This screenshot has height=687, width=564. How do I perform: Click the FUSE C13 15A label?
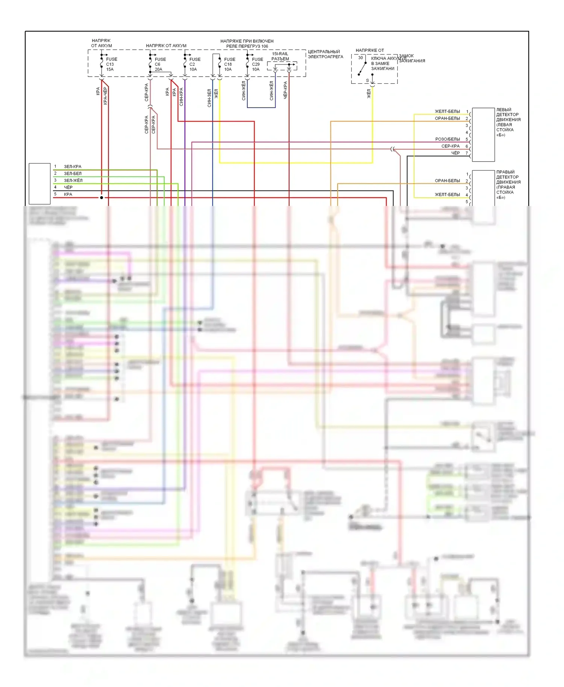click(111, 64)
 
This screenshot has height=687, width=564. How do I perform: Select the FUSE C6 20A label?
click(160, 64)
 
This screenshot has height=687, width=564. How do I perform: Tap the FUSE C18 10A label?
click(229, 64)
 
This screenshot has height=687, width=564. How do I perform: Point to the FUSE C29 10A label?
click(257, 64)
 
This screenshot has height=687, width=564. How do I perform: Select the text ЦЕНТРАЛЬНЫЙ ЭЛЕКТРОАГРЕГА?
click(325, 54)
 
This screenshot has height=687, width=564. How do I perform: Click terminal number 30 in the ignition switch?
click(361, 58)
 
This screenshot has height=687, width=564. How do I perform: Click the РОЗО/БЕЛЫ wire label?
click(447, 139)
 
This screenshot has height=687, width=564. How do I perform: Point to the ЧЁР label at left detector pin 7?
click(455, 153)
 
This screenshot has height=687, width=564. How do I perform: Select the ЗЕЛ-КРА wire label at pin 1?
click(73, 166)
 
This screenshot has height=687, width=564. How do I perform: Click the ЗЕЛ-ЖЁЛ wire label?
click(73, 180)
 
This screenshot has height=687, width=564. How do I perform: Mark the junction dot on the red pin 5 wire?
click(102, 198)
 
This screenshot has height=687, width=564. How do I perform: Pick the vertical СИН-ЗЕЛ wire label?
click(209, 98)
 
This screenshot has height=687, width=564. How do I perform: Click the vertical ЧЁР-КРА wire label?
click(285, 90)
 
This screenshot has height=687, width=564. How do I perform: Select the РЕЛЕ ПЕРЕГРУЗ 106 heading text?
click(247, 46)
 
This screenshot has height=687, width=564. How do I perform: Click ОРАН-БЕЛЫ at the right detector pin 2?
click(447, 181)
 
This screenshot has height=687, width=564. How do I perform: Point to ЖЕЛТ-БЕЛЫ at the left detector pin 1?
click(447, 112)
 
